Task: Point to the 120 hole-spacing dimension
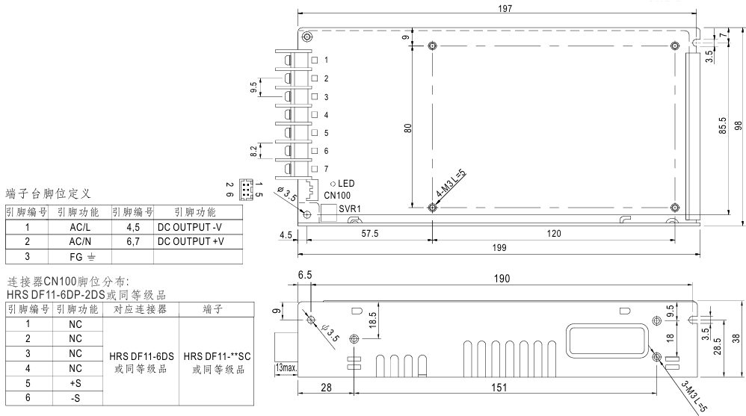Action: click(554, 234)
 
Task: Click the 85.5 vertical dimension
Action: click(723, 126)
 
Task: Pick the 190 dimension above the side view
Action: click(502, 279)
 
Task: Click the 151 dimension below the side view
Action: click(499, 388)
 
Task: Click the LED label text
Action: click(346, 183)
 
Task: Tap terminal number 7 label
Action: click(326, 169)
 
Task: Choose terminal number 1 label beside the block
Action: click(326, 59)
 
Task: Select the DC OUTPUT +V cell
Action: click(191, 242)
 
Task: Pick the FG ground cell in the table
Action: click(81, 256)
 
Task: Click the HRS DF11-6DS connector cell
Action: click(140, 360)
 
